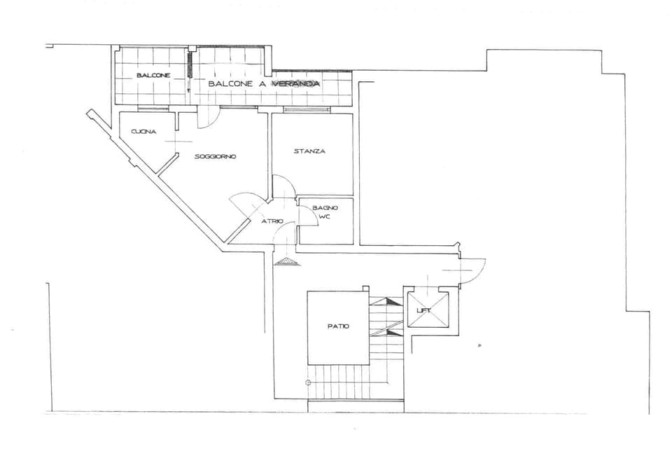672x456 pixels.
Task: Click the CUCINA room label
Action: (x=143, y=132)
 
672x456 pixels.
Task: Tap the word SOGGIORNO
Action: (x=215, y=156)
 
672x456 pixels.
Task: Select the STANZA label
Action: (x=309, y=151)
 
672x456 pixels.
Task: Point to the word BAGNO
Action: (x=325, y=207)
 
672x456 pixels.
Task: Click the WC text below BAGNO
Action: (x=324, y=217)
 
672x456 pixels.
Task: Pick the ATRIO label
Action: (x=272, y=221)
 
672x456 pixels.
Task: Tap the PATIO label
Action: (x=337, y=326)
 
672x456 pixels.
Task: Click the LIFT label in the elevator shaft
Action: (x=423, y=310)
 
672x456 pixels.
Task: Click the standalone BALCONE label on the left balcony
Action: (x=153, y=75)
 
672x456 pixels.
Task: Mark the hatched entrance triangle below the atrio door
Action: (x=286, y=261)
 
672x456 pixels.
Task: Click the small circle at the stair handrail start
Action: (x=308, y=382)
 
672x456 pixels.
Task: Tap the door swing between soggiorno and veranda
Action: (x=208, y=118)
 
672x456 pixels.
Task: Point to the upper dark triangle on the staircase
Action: (x=387, y=301)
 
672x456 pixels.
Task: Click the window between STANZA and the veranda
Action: (x=306, y=109)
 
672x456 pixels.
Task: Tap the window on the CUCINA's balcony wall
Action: (x=153, y=109)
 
